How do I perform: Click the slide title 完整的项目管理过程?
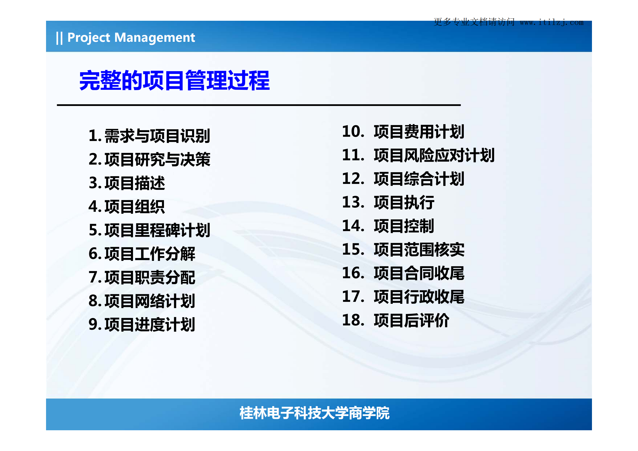pos(174,81)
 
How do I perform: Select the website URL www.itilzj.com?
pos(551,22)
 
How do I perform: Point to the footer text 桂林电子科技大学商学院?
pos(314,413)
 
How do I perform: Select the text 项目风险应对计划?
pos(434,155)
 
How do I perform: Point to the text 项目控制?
pos(404,226)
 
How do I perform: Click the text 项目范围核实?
pos(419,250)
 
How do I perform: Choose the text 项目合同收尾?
pos(419,273)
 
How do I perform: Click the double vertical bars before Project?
pos(59,38)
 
